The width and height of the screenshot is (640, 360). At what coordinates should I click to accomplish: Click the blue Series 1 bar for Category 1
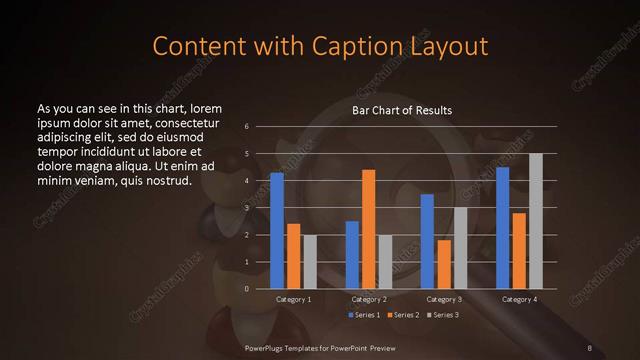pos(277,231)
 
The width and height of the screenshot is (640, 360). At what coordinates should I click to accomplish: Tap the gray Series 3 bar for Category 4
pos(535,221)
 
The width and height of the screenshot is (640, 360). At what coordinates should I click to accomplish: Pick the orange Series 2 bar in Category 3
pos(443,264)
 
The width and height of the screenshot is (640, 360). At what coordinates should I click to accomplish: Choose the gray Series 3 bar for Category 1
pos(310,262)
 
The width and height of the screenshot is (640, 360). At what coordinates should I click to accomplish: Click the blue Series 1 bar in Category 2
pos(352,255)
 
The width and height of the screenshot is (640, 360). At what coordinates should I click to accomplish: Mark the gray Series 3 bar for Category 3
pos(460,248)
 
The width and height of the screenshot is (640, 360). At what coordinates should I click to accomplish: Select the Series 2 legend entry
pos(403,315)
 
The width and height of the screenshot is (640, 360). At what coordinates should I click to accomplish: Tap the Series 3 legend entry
pos(443,315)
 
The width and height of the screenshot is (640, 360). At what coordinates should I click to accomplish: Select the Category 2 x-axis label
pos(368,299)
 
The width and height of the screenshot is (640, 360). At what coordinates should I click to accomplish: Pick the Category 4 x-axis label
pos(519,299)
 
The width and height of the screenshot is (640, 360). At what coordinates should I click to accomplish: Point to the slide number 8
pos(590,347)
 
